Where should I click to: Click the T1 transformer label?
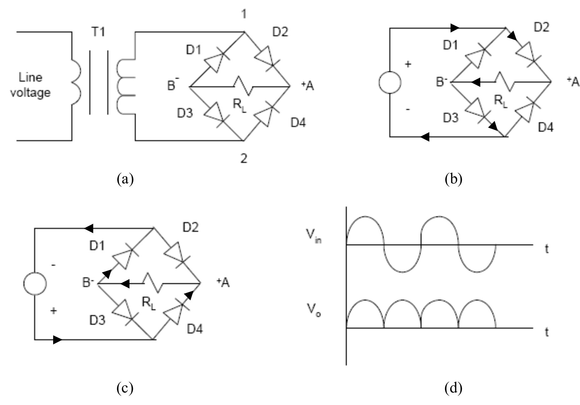click(98, 32)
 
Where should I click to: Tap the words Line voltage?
click(30, 85)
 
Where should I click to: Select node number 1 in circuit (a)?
click(244, 14)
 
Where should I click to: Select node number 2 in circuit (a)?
click(244, 158)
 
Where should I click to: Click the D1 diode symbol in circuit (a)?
click(215, 61)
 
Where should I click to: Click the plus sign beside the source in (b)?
click(408, 64)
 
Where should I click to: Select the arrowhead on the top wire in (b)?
click(455, 28)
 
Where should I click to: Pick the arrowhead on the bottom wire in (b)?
click(425, 137)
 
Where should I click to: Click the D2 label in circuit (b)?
click(541, 27)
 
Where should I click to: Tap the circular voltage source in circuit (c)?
click(35, 283)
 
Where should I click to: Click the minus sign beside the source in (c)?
click(54, 265)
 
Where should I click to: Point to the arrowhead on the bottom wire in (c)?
click(58, 339)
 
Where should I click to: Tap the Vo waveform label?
click(313, 310)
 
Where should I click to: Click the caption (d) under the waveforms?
click(453, 388)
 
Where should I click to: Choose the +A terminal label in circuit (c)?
click(223, 282)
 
